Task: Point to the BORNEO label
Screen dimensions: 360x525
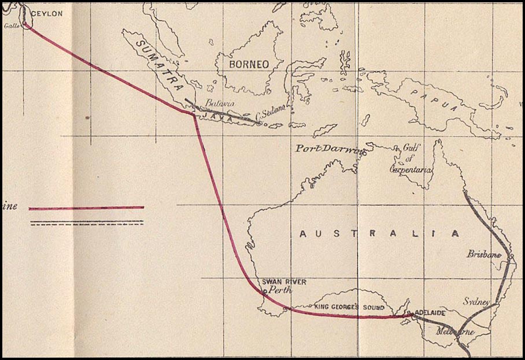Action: (249, 64)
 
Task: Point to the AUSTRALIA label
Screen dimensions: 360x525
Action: (380, 234)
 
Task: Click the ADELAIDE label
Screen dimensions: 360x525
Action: (430, 313)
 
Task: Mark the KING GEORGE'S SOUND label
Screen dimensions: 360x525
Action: (349, 307)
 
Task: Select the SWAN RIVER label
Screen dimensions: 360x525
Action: (284, 282)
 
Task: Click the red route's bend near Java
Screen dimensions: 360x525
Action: (193, 114)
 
